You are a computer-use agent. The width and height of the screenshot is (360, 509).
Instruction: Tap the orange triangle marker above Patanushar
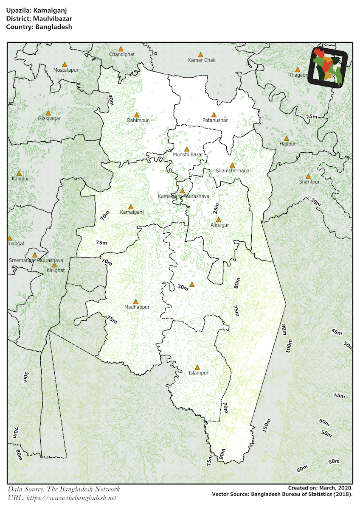click(x=214, y=115)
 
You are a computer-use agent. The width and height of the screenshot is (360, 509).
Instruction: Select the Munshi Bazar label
click(x=188, y=154)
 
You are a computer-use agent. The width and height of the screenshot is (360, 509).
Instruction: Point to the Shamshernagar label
click(x=233, y=171)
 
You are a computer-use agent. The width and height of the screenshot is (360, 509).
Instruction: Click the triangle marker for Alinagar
click(x=219, y=220)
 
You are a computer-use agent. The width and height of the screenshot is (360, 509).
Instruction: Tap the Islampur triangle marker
click(x=197, y=367)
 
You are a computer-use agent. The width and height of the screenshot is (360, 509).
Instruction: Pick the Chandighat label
click(x=122, y=55)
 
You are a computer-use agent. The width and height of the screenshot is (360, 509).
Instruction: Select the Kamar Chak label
click(x=202, y=60)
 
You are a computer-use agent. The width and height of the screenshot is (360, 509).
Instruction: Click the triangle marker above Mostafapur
click(x=65, y=64)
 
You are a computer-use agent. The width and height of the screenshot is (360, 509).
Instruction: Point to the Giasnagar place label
click(x=49, y=119)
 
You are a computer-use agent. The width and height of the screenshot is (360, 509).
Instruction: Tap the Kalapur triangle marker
click(x=19, y=173)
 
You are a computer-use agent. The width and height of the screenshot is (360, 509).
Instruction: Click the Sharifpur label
click(x=309, y=182)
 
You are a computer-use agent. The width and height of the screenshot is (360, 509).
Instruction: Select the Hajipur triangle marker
click(x=287, y=138)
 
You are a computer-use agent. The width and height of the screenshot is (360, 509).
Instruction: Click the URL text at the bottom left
click(x=62, y=498)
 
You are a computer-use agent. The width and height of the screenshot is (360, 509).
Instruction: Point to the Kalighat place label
click(x=55, y=270)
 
